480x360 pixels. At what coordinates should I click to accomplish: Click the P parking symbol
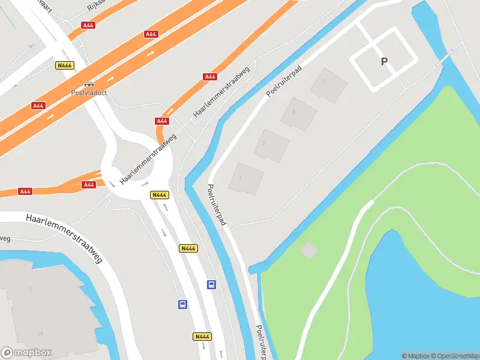click(383, 61)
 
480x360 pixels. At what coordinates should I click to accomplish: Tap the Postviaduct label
click(89, 93)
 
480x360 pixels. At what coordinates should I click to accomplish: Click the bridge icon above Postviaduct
click(89, 84)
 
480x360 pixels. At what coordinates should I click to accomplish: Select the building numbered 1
click(246, 178)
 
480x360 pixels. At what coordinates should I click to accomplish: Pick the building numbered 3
click(271, 145)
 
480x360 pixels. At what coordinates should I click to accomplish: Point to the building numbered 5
click(299, 113)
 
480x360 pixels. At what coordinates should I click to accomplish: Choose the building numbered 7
click(328, 84)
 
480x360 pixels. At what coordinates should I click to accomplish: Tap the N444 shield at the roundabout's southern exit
click(158, 194)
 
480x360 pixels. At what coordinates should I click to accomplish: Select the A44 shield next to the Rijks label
click(89, 25)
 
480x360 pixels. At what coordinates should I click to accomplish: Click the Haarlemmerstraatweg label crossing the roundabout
click(148, 159)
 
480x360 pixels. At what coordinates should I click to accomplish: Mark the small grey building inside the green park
click(308, 250)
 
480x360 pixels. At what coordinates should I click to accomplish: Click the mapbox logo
click(26, 353)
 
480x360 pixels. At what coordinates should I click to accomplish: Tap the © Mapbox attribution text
click(416, 356)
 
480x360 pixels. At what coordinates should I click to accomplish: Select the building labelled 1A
click(42, 312)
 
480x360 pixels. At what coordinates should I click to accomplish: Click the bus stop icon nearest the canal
click(211, 284)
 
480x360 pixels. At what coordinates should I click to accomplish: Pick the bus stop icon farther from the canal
click(182, 304)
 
